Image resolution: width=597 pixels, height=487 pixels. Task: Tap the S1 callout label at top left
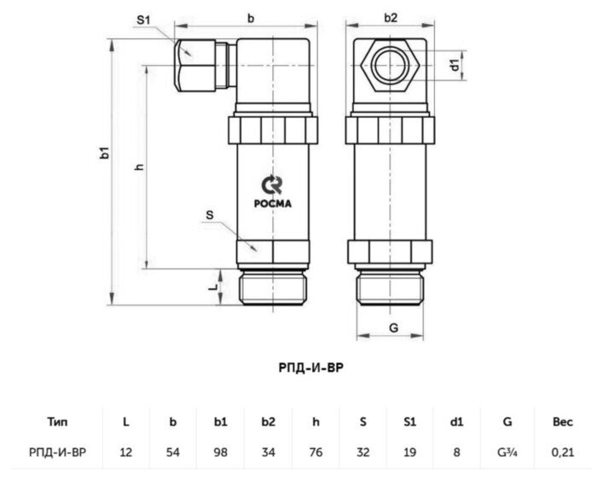pos(145,20)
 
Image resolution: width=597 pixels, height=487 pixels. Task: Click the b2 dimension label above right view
pos(391,17)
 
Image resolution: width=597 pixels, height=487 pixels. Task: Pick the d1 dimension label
pos(456,64)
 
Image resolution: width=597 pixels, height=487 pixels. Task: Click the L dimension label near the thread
pos(213,288)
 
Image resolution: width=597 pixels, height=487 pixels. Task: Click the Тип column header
pos(58,420)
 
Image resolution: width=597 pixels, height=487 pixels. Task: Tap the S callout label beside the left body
pos(209,215)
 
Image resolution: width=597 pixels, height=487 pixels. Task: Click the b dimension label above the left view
pos(250,17)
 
